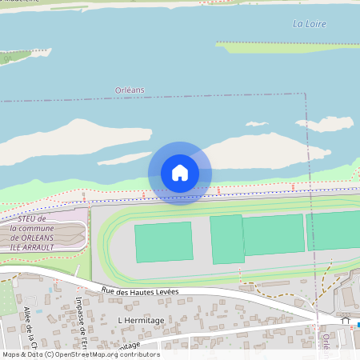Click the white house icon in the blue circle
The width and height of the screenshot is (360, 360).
tap(180, 173)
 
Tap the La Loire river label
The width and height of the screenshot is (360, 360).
tap(309, 24)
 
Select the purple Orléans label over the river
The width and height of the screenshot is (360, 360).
tap(130, 90)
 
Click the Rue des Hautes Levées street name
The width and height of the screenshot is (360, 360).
tap(140, 291)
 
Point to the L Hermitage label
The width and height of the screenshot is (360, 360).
tap(140, 319)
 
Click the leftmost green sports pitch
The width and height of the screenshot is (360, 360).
tap(163, 242)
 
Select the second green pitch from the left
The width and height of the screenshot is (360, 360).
tap(226, 238)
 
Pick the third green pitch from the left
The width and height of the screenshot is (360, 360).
tap(273, 234)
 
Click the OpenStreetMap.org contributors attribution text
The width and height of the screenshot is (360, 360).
tap(108, 354)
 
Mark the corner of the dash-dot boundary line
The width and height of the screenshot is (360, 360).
tap(306, 94)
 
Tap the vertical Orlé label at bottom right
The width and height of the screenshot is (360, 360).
tap(326, 344)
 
